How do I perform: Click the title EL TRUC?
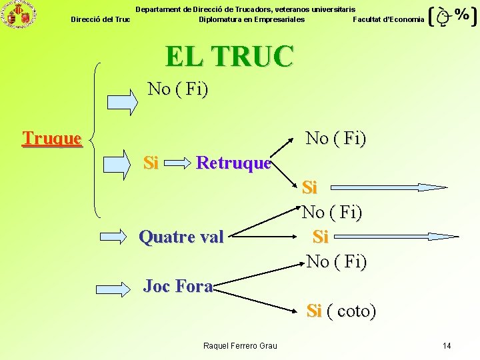tap(229, 56)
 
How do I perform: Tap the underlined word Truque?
tap(51, 138)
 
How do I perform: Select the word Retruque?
tap(233, 163)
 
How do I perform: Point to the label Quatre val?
tap(181, 237)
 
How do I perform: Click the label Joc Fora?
tap(178, 287)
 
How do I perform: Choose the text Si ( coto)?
tap(341, 311)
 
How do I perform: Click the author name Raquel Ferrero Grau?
tap(240, 345)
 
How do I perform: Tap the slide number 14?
tap(447, 345)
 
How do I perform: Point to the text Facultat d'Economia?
tap(388, 19)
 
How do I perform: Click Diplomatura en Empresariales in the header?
tap(251, 19)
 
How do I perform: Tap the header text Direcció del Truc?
tap(101, 19)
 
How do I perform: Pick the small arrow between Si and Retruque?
tap(177, 163)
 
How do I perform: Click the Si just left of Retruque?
tap(151, 163)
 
